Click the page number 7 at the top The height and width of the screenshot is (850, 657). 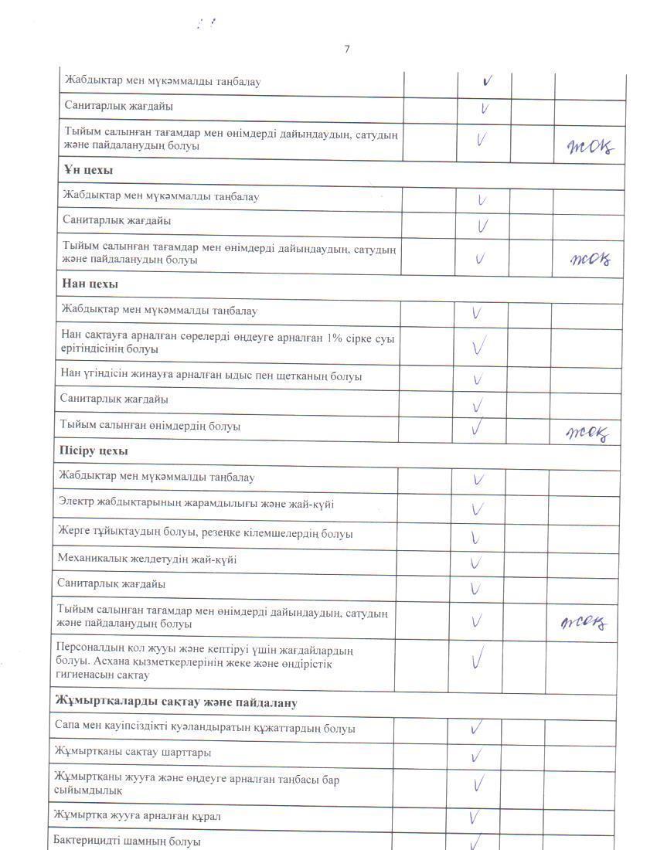click(347, 49)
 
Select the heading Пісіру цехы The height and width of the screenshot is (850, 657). click(94, 450)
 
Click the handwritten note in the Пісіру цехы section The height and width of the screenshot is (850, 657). click(584, 622)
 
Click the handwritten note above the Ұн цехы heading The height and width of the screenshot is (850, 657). click(590, 147)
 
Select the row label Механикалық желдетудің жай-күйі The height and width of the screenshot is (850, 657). click(146, 559)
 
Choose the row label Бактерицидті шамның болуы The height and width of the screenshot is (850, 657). click(128, 841)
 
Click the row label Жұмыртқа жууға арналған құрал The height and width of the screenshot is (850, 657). click(138, 815)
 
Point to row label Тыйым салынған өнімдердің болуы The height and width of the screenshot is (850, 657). click(151, 426)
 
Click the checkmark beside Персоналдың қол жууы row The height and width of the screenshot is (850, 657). click(477, 659)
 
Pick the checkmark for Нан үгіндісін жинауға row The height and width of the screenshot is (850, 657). click(478, 379)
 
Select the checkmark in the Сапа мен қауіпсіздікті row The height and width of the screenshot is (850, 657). click(476, 728)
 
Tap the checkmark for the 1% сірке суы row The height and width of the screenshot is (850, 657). click(478, 346)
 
